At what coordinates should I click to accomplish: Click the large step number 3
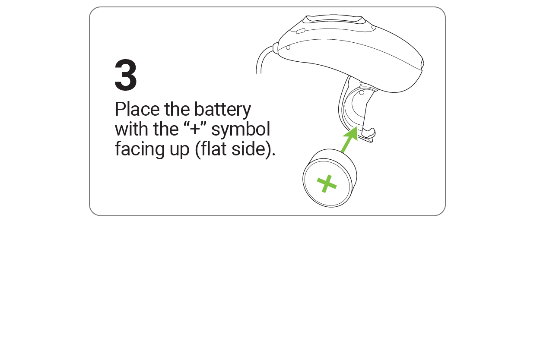pos(126,76)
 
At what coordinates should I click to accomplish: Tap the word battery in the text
pos(222,110)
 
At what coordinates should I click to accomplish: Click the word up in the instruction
pos(178,150)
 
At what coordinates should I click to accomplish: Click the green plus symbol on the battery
pos(327,184)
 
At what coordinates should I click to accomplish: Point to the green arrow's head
pos(354,133)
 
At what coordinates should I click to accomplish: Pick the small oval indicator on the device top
pos(301,31)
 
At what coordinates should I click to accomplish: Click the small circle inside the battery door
pos(362,92)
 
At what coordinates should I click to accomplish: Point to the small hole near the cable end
pos(288,47)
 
